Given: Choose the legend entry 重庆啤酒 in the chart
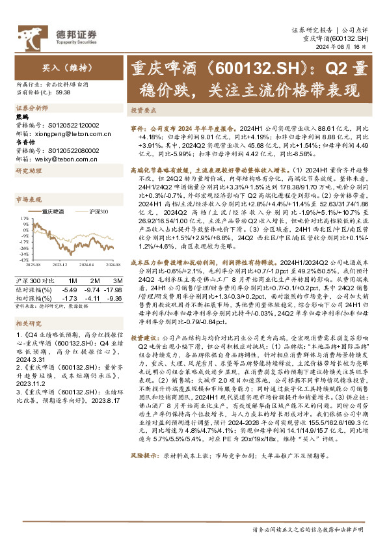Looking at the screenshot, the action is tap(52, 211).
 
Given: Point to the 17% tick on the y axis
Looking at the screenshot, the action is tap(21, 218).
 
